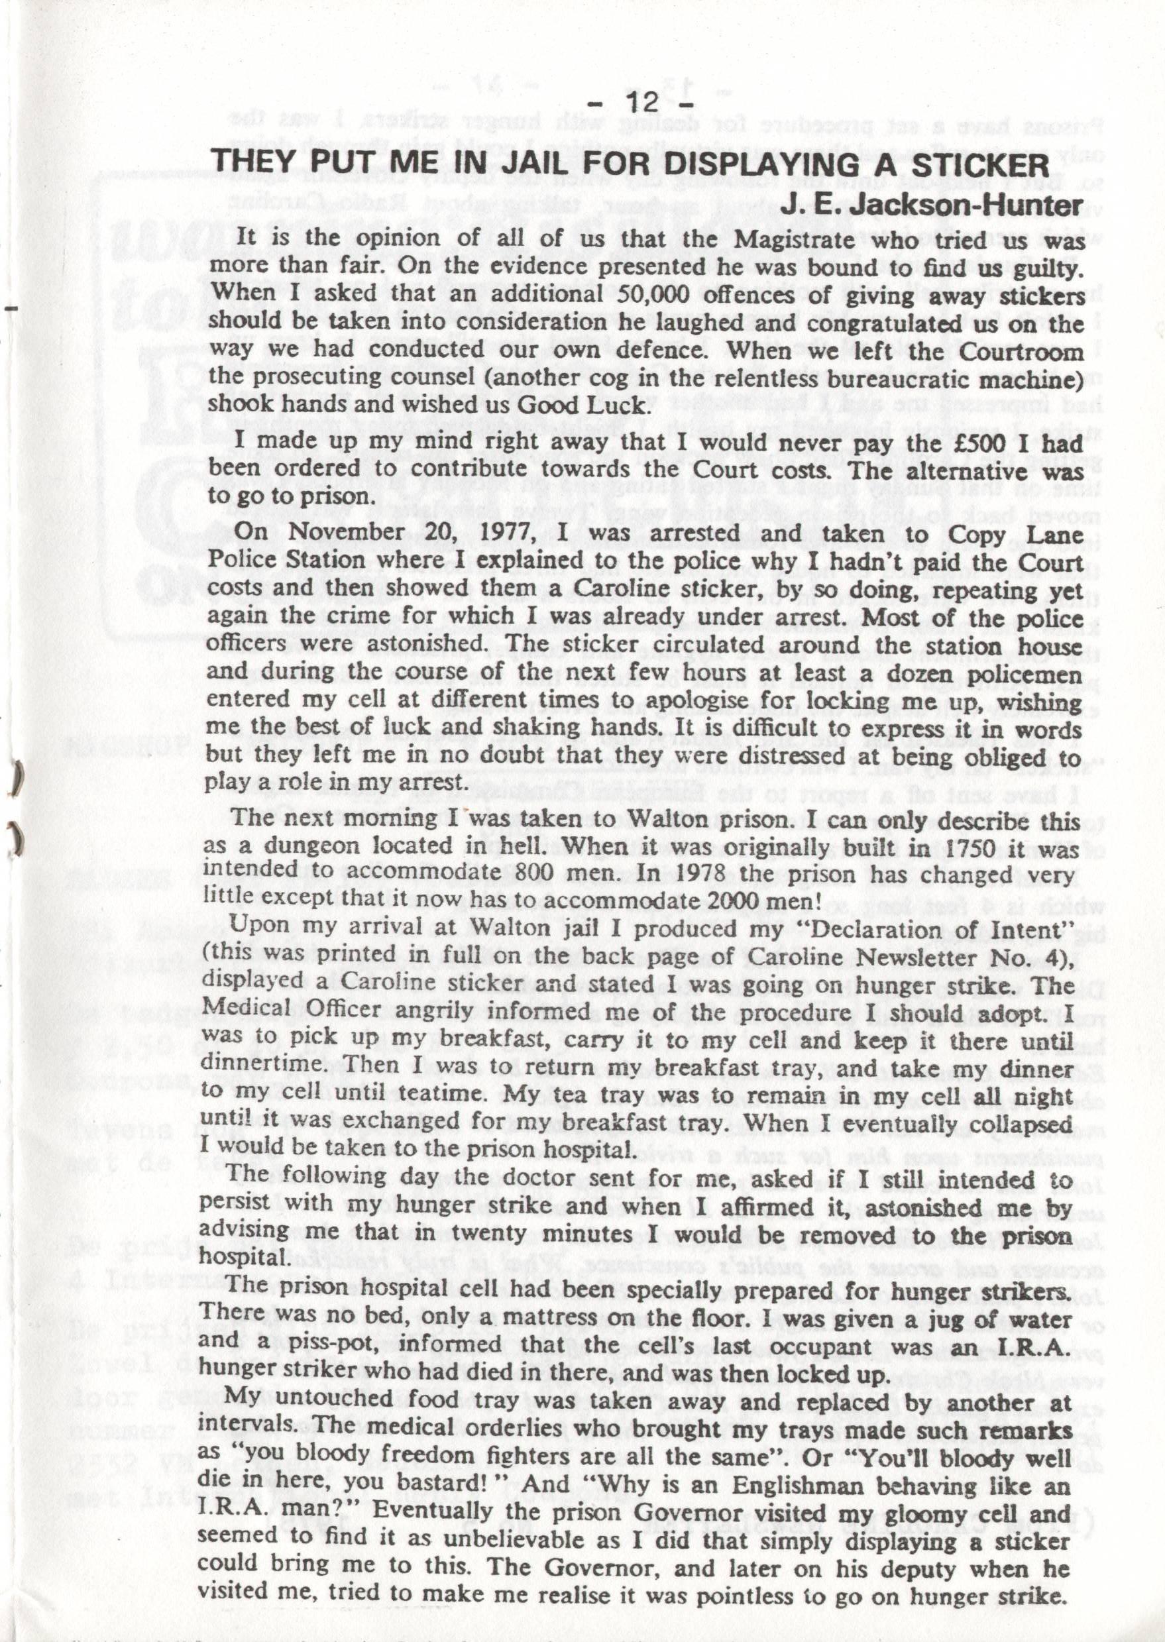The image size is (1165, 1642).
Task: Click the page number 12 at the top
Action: [x=641, y=102]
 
